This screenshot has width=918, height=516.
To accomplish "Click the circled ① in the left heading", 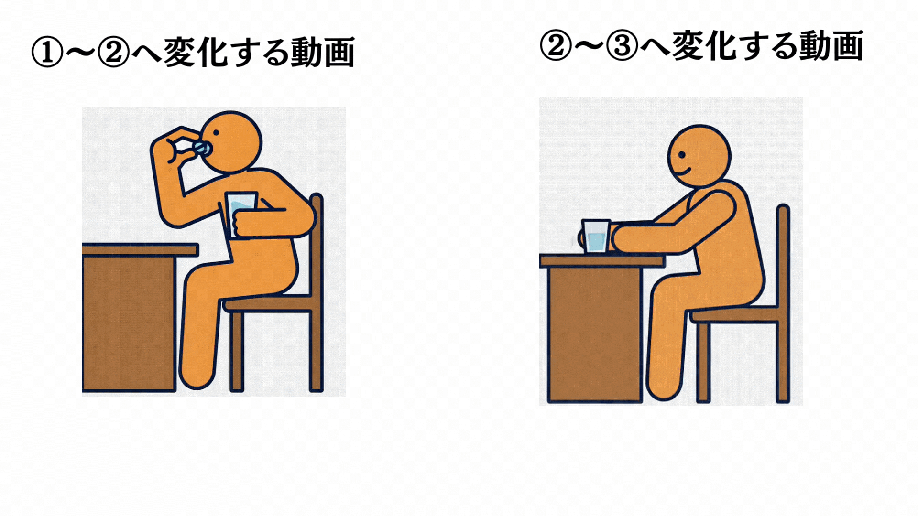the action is (x=47, y=53).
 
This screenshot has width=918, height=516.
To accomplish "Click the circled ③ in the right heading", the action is (x=622, y=46).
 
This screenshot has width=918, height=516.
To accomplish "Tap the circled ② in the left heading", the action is (x=113, y=53).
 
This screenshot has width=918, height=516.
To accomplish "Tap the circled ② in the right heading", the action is (x=556, y=46).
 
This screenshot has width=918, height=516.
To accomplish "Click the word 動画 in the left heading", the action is (x=323, y=52).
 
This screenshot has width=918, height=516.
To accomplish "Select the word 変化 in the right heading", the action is (x=703, y=46).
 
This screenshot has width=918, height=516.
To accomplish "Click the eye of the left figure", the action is (x=216, y=133).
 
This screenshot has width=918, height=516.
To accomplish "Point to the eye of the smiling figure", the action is (x=682, y=155).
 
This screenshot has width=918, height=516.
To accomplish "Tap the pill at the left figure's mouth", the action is (x=203, y=148).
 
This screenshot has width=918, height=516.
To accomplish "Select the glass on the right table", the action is (x=596, y=236).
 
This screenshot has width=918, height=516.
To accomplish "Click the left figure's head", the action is (x=230, y=142).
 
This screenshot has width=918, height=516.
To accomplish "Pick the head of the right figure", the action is (x=699, y=156).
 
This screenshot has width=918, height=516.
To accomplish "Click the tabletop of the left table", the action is (x=140, y=250).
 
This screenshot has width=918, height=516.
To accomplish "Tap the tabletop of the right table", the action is (x=602, y=261).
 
